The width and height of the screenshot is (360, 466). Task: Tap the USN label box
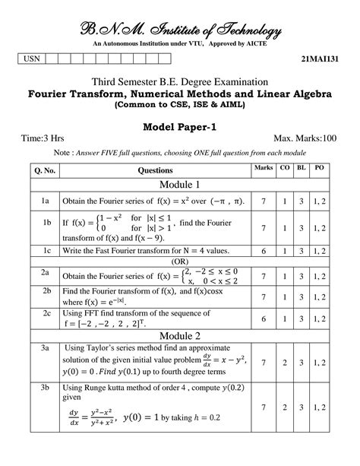coord(33,59)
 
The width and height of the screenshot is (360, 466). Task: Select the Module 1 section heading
coord(179,185)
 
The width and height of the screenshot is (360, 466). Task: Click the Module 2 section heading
coord(179,335)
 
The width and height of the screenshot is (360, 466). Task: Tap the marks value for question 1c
coord(264,249)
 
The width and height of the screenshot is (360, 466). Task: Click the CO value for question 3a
coord(284,363)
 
